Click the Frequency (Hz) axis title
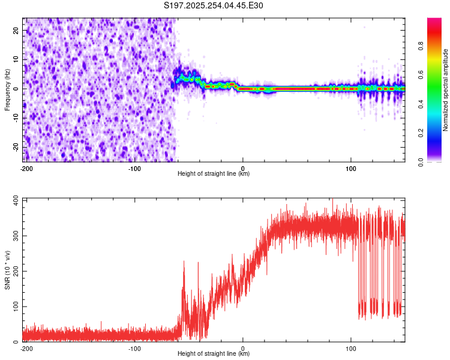(7, 89)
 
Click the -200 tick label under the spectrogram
(26, 168)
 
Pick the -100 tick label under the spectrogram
(134, 168)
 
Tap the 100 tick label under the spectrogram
(351, 168)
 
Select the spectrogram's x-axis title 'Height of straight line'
(214, 174)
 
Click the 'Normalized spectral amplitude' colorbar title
(446, 90)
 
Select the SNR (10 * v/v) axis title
(7, 271)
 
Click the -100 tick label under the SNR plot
(134, 348)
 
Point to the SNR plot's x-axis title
(214, 354)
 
